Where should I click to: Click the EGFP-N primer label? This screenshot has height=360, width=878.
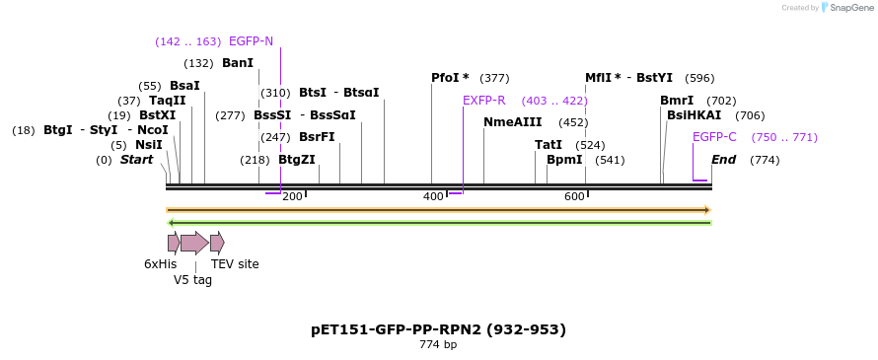coord(251,41)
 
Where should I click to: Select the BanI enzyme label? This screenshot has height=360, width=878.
coord(238,63)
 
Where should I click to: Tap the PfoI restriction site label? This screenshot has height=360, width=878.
coord(450,78)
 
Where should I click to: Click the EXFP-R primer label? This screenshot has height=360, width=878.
coord(483,101)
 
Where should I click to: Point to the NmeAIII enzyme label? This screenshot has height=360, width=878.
coord(512,122)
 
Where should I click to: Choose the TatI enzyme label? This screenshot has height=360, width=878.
coord(549,145)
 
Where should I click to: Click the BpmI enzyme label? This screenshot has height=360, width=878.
coord(564,160)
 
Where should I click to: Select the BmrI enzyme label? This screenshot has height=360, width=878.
coord(677,101)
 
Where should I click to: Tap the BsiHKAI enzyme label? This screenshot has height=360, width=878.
coord(694,115)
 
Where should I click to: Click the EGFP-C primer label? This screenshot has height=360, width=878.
coord(714,137)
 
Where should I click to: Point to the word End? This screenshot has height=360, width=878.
coord(723,160)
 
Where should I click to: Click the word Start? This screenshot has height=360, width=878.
coord(136,160)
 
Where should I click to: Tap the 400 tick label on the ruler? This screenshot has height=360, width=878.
coord(433,197)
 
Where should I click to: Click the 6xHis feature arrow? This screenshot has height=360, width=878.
coord(174,243)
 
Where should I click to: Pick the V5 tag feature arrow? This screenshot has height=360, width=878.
coord(194,243)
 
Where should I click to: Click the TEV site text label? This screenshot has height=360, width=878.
coord(235,264)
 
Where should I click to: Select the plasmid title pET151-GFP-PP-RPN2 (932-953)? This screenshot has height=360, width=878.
coord(438,329)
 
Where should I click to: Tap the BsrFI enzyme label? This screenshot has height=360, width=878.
coord(317,137)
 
